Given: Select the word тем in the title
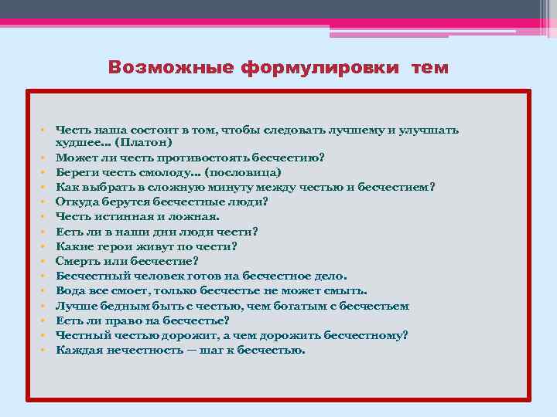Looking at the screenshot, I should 429,67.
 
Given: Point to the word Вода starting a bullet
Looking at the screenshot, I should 69,291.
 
